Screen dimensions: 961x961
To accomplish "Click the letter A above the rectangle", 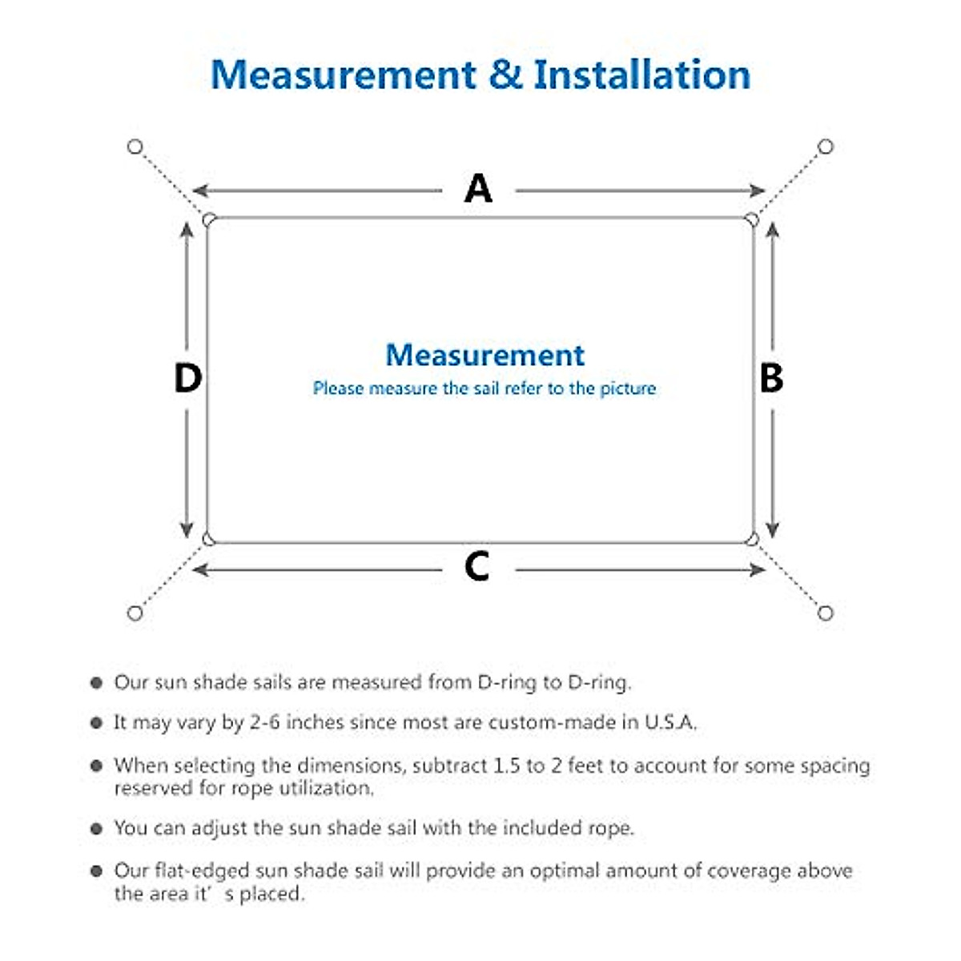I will click(x=478, y=189).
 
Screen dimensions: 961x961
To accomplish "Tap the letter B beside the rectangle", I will click(x=770, y=378).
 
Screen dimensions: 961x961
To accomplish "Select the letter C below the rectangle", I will click(x=476, y=567).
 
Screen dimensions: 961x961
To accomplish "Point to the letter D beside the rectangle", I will click(x=187, y=378).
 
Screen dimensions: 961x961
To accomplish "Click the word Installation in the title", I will click(x=641, y=74).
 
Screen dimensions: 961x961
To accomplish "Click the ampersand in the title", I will click(x=505, y=74).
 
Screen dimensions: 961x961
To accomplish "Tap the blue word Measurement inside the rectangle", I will click(x=485, y=355).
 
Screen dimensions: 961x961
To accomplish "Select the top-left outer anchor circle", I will click(x=135, y=147).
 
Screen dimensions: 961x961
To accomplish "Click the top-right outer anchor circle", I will click(x=826, y=147).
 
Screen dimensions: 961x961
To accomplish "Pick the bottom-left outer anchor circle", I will click(x=135, y=613).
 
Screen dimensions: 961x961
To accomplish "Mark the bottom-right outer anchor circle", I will click(x=826, y=613).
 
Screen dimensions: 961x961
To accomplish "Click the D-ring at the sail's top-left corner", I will click(x=210, y=219).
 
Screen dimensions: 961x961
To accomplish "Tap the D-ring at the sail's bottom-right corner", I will click(x=752, y=539).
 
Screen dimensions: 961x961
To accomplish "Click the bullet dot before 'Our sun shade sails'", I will click(x=97, y=683).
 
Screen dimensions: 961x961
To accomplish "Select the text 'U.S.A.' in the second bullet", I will click(x=671, y=722).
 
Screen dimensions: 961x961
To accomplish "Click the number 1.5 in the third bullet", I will click(x=506, y=766).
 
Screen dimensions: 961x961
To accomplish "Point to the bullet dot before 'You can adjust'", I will click(x=97, y=829).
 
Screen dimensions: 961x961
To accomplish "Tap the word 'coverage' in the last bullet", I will click(x=701, y=871).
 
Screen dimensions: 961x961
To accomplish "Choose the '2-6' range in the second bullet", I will click(x=264, y=722).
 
